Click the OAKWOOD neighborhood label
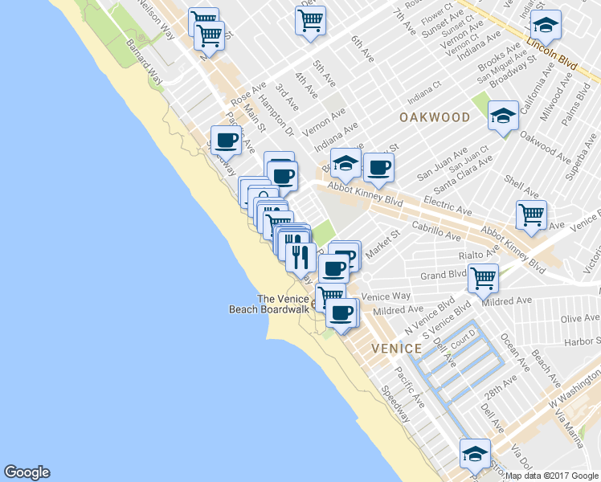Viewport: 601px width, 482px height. [x=435, y=117]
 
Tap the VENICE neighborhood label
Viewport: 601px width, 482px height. [x=396, y=349]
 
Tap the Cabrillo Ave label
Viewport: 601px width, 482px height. [x=435, y=231]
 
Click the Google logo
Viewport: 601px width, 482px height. [x=27, y=472]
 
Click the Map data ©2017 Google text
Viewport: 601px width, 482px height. [x=551, y=476]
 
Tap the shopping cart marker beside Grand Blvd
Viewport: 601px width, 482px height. [x=483, y=278]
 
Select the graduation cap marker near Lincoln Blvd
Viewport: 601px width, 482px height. [x=546, y=24]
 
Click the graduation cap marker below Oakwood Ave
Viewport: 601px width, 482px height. [x=503, y=117]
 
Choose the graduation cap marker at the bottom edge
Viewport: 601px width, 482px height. [x=475, y=454]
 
